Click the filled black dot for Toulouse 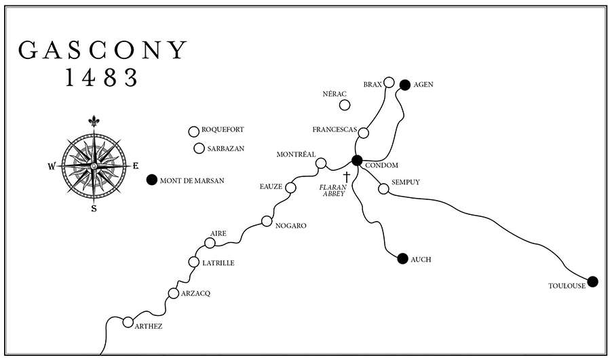pos(592,281)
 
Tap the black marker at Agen pos(404,85)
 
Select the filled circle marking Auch pos(402,258)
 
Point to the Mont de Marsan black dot pos(151,180)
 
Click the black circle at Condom pos(356,161)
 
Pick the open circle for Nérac pos(345,105)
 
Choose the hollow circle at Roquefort pos(193,132)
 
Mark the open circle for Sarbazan pos(199,148)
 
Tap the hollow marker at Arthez pos(128,322)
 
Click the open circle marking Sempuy pos(383,188)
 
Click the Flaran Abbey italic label pos(333,190)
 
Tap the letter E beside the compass pos(135,165)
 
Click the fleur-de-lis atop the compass pos(94,121)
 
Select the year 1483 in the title pos(102,78)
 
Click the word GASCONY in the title pos(102,49)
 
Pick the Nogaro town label pos(291,226)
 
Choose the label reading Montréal pos(297,155)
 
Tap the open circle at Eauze pos(290,187)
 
